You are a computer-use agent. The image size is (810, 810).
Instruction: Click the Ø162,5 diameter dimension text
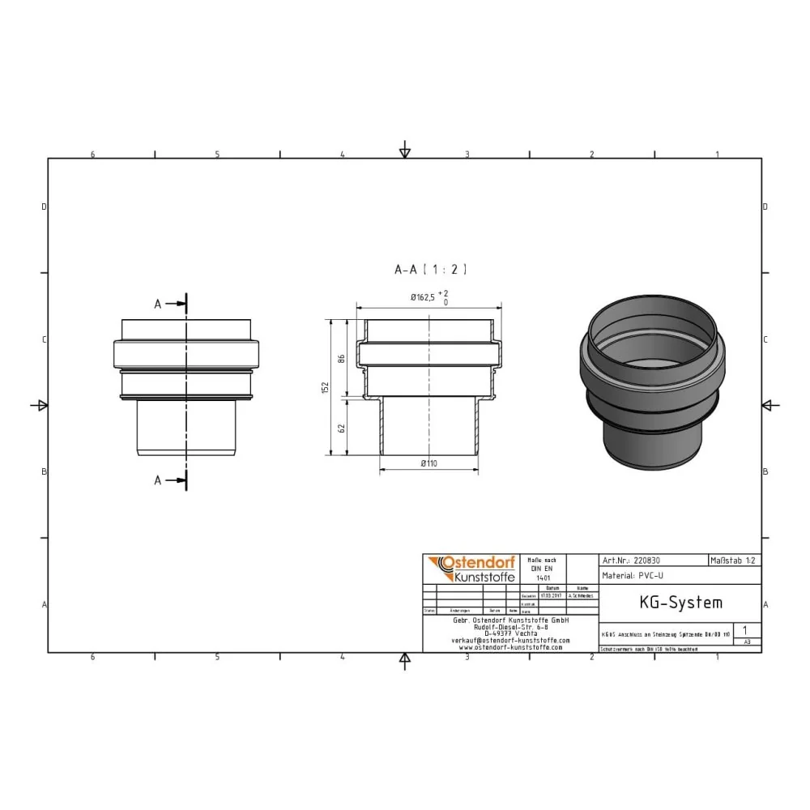423,298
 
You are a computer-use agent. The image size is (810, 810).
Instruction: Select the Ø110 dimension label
429,463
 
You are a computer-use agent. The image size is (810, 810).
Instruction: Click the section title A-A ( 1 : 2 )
429,269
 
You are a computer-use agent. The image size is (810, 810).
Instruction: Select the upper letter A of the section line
158,305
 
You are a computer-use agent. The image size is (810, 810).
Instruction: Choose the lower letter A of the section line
158,480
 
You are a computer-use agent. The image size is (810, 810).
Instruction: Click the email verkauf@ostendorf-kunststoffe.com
510,640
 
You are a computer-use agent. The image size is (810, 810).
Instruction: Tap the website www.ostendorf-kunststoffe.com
510,647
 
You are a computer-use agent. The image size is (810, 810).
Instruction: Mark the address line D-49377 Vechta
510,633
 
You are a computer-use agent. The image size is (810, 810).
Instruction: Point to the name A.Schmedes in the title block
582,595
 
